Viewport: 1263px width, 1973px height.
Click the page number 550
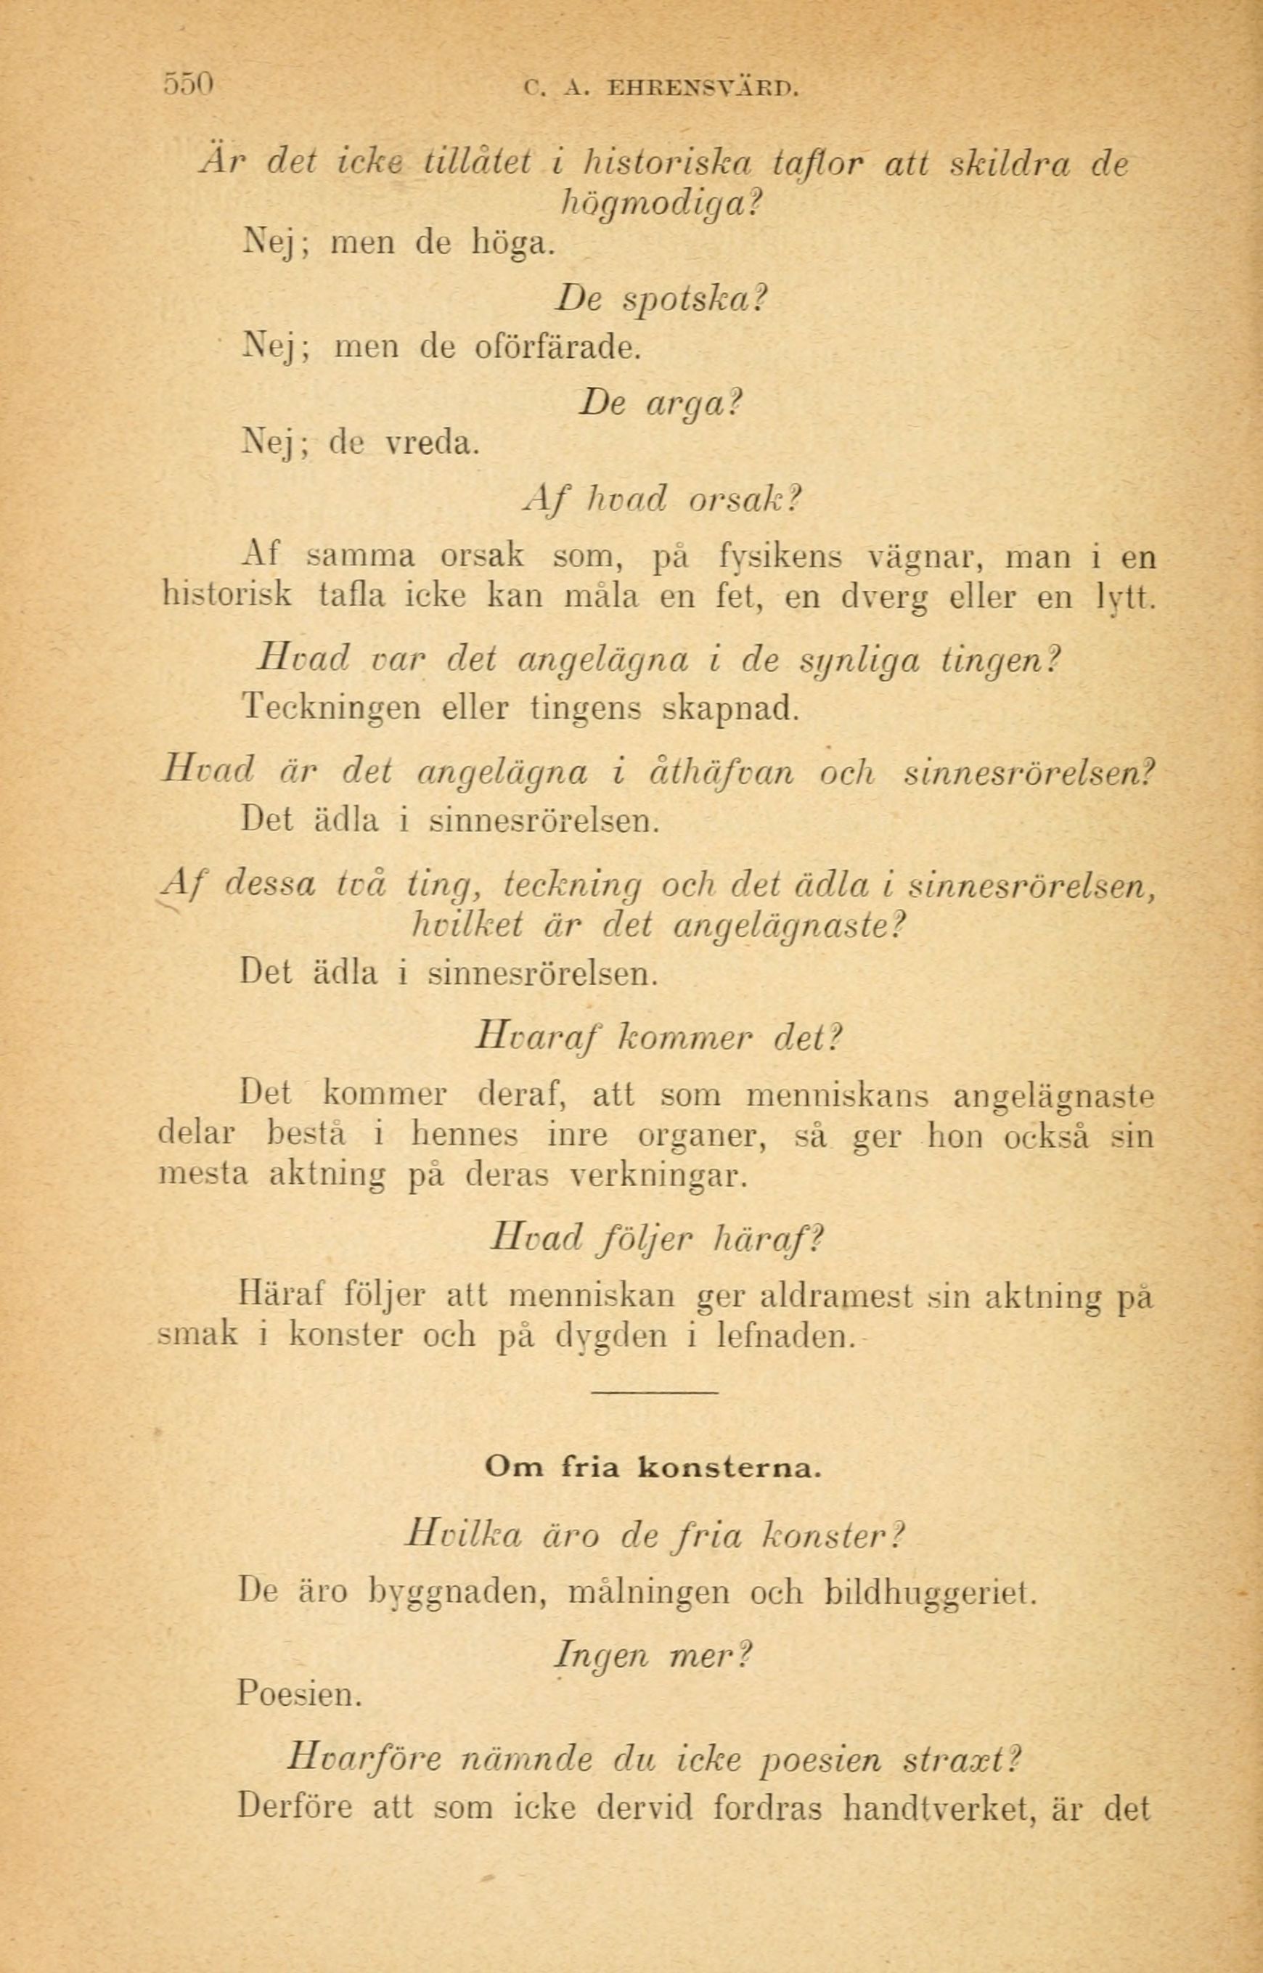click(x=189, y=84)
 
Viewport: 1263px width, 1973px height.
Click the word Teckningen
click(x=331, y=708)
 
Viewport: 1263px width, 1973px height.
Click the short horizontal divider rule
click(x=654, y=1392)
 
